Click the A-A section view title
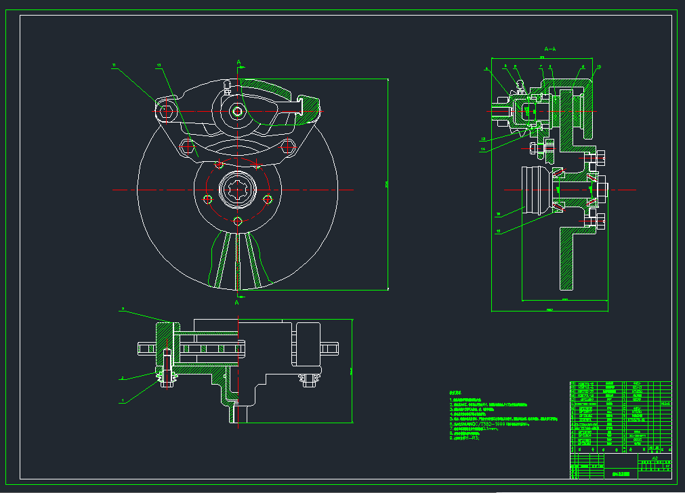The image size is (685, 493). point(549,49)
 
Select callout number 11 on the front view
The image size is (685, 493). point(115,65)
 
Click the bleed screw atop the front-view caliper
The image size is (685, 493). point(228,85)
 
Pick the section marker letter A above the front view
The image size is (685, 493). point(238,63)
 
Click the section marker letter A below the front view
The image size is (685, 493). point(237,303)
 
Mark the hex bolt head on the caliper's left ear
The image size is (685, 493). point(166,111)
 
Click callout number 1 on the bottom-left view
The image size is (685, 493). point(123,401)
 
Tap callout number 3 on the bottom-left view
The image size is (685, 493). point(123,309)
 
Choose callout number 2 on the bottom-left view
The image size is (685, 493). point(123,379)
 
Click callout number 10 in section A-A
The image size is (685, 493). point(598,66)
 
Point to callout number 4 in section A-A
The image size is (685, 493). point(486,69)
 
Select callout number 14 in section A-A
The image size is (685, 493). point(483,148)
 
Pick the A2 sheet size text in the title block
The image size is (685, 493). point(655,458)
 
